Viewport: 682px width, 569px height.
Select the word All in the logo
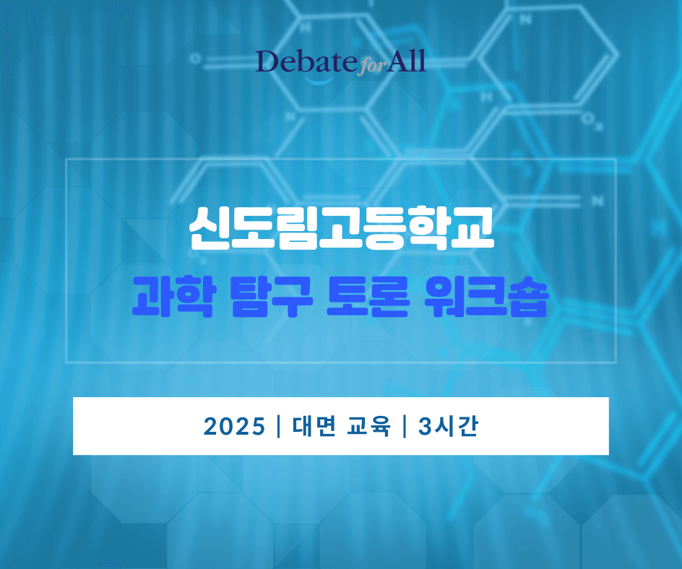(x=405, y=62)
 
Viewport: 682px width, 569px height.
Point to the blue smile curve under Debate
(x=319, y=79)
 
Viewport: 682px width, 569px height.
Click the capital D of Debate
(x=266, y=63)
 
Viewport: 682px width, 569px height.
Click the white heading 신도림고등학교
(x=341, y=229)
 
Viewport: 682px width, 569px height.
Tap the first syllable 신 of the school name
(x=208, y=229)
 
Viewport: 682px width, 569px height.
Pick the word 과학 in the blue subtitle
(x=171, y=297)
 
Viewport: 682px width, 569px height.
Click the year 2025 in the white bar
(x=234, y=427)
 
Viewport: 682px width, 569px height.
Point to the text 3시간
(x=448, y=427)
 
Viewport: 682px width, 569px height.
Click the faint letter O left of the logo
(x=195, y=58)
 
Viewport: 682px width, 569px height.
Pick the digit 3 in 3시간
(x=424, y=427)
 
